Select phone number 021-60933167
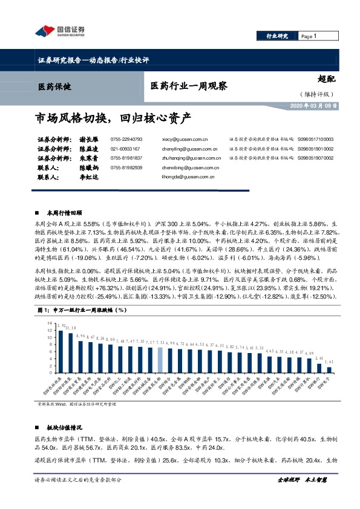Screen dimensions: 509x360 pos(125,149)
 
